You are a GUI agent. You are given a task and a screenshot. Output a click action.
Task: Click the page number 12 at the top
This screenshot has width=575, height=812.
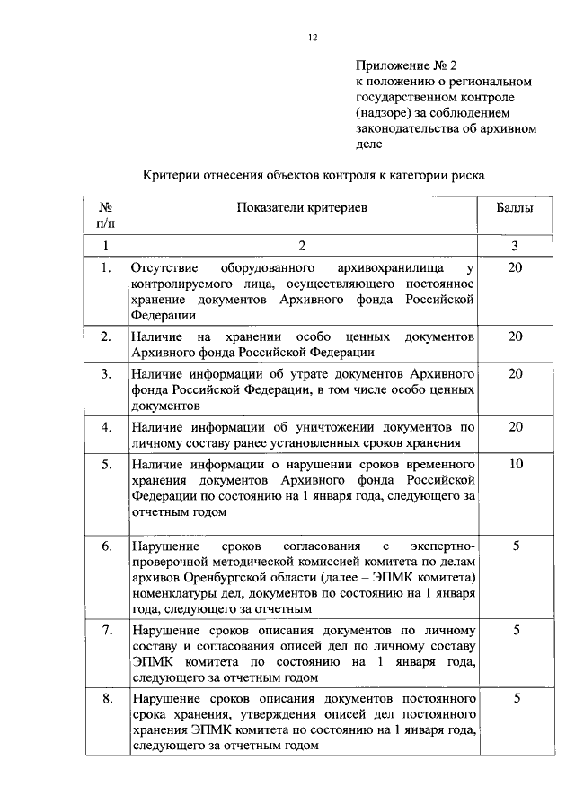(x=312, y=36)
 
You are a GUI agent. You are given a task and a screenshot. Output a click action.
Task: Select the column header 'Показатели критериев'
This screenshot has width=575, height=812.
(x=302, y=208)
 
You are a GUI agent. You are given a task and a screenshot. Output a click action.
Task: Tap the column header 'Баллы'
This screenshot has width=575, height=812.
(x=516, y=208)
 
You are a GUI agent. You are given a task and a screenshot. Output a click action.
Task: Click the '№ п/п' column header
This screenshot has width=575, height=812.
(x=105, y=215)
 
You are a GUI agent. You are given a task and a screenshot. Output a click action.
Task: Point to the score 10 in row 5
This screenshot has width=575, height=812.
(x=516, y=465)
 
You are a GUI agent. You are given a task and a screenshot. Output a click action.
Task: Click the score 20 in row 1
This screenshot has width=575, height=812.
(x=516, y=268)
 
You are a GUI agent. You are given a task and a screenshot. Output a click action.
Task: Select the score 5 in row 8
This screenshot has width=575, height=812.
(x=516, y=698)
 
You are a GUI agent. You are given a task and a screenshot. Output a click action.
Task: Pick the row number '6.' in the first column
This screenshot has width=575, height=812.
(x=106, y=546)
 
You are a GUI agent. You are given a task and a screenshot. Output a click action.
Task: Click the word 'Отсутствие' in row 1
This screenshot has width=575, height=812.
(x=164, y=268)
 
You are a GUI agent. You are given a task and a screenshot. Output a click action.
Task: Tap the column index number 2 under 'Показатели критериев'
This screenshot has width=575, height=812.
(x=302, y=245)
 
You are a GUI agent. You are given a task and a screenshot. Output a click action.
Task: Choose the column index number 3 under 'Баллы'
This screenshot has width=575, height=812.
(x=516, y=245)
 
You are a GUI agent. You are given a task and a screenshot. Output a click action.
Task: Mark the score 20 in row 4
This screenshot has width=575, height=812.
(x=516, y=427)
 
